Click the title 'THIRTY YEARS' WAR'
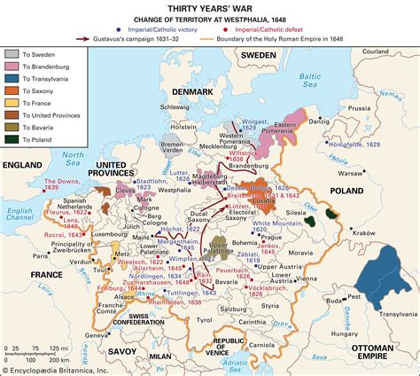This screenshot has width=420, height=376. tap(209, 9)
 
